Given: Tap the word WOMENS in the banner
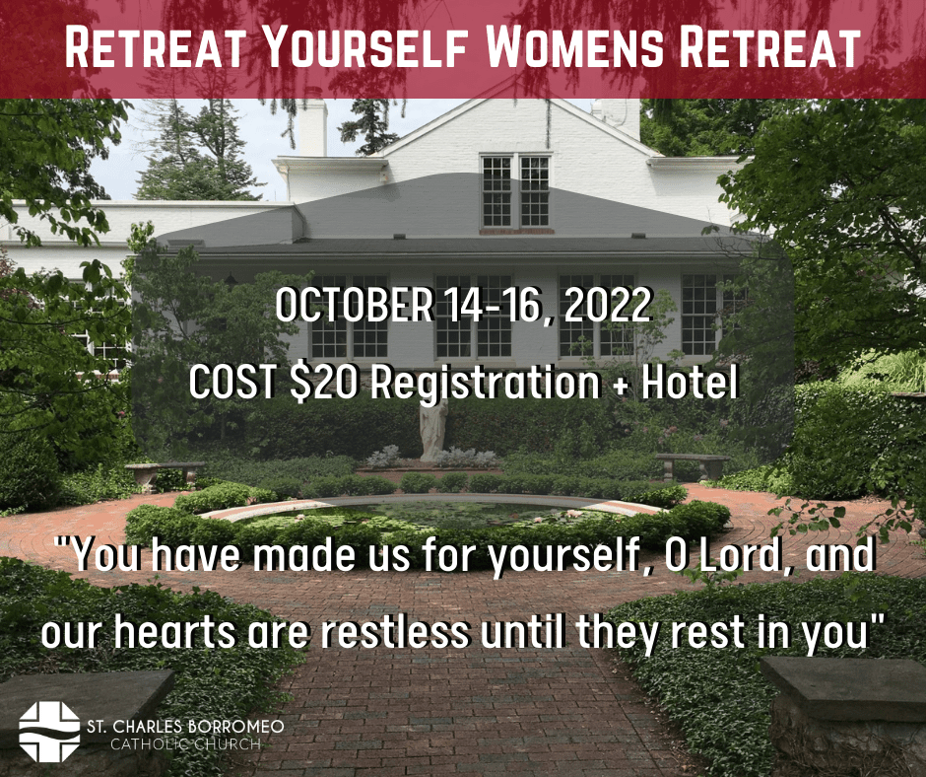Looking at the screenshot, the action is (x=574, y=46).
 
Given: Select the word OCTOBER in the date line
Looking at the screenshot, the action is (x=354, y=305).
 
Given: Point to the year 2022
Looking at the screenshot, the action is (x=607, y=305).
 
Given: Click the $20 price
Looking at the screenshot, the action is (x=324, y=382).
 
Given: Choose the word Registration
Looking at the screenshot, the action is (x=486, y=384).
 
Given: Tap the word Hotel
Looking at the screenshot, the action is (x=690, y=382).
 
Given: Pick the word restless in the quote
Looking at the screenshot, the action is (x=395, y=631).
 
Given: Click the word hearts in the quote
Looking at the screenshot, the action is (x=174, y=631).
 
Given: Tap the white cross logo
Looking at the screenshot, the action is (x=49, y=732).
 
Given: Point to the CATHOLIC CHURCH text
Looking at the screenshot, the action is (x=185, y=743).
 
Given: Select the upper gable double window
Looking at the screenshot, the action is (x=515, y=191).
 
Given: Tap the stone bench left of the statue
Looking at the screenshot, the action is (x=165, y=473).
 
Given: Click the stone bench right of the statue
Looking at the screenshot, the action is (x=693, y=465).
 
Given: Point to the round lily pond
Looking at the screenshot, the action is (x=434, y=512).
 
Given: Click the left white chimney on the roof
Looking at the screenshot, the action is (x=312, y=128).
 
